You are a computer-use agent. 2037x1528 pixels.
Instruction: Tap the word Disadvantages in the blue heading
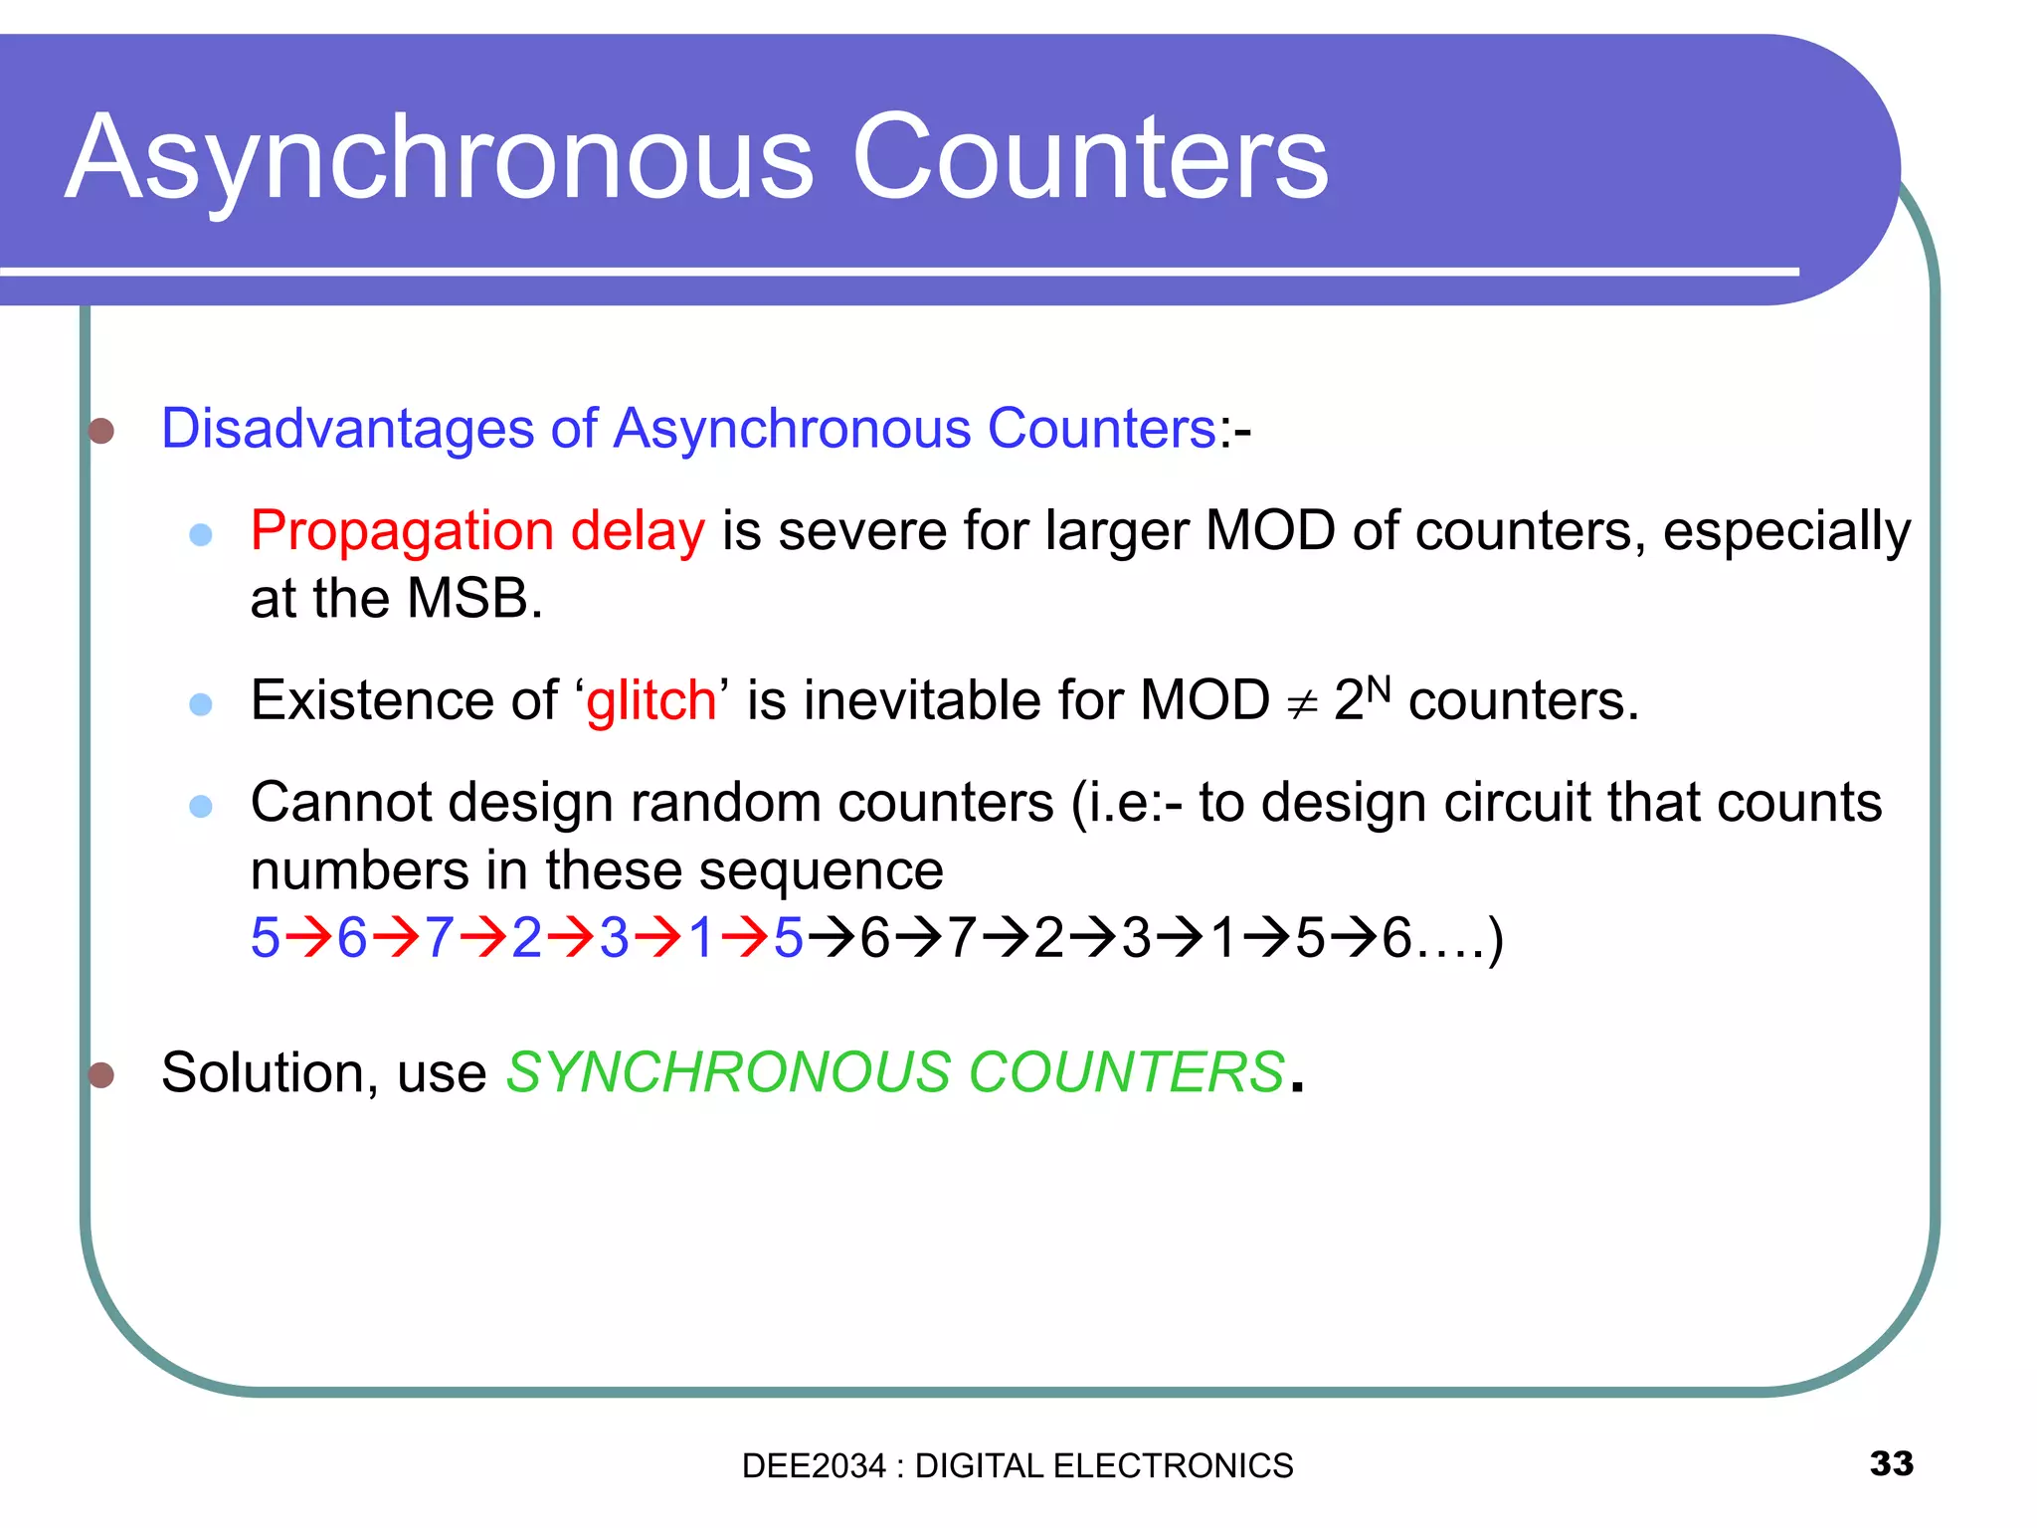tap(347, 429)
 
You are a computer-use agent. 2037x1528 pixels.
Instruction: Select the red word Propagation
tap(401, 531)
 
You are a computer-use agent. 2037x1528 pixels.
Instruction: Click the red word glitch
tap(650, 700)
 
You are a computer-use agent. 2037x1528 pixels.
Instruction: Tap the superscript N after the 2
tap(1379, 687)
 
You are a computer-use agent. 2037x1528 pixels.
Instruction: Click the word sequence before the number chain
tap(821, 870)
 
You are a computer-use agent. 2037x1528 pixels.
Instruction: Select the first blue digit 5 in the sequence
tap(265, 938)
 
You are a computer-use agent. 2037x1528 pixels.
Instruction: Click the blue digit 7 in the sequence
tap(440, 938)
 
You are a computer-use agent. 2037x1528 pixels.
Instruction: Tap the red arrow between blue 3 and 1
tap(657, 938)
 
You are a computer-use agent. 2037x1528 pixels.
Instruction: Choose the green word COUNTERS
tap(1126, 1072)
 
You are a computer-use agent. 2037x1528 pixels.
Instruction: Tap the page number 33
tap(1891, 1463)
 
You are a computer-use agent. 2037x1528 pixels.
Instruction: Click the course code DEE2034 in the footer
tap(813, 1466)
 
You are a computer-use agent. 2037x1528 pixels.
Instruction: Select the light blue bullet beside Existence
tap(201, 704)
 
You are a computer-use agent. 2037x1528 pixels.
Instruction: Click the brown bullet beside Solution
tap(101, 1074)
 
